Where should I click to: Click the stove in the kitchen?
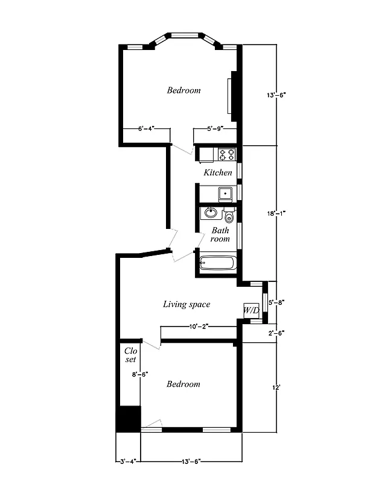226,155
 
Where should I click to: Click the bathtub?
218,263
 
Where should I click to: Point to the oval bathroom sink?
211,213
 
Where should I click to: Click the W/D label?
251,311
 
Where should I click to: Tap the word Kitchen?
217,173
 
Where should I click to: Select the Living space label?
186,304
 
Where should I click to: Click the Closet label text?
130,355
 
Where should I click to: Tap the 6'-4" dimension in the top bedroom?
146,128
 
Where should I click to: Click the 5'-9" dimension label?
215,128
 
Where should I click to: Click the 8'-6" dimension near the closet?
140,374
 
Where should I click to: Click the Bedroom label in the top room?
183,90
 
